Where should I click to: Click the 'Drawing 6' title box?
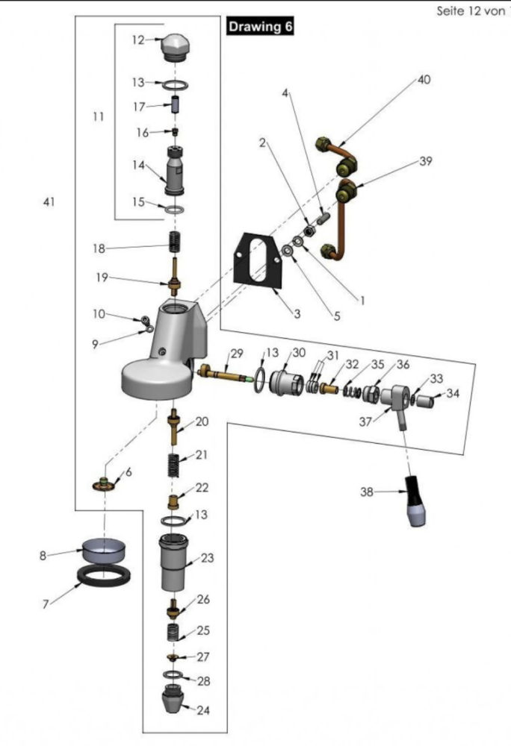[259, 26]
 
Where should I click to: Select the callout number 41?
[49, 201]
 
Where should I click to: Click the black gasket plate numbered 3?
[258, 260]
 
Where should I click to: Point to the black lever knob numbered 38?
[415, 501]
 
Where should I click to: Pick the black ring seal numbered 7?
[104, 576]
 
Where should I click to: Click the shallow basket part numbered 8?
[104, 550]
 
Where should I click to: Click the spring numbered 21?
[174, 465]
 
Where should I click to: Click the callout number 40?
[424, 80]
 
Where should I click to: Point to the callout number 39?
[426, 161]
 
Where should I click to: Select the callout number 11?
[98, 116]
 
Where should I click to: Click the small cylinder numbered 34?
[425, 401]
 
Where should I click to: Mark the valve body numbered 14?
[175, 171]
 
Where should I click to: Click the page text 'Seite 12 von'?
[471, 11]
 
